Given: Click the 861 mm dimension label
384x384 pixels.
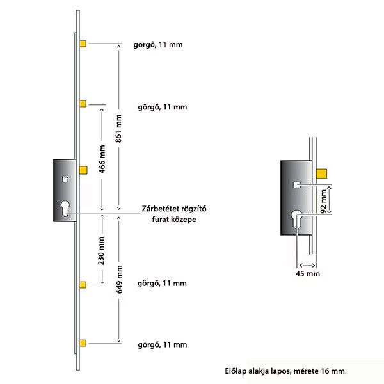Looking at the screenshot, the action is pyautogui.click(x=118, y=129).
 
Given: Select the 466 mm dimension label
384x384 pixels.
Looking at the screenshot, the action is pyautogui.click(x=102, y=159).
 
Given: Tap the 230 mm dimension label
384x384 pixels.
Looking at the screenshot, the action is pyautogui.click(x=101, y=251).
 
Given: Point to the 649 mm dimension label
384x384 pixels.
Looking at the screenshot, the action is pyautogui.click(x=119, y=280).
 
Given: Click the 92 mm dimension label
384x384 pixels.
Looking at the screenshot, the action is pyautogui.click(x=323, y=202).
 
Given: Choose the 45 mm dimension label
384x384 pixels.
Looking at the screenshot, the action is pyautogui.click(x=308, y=274).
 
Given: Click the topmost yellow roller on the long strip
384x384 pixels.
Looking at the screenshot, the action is pyautogui.click(x=83, y=44).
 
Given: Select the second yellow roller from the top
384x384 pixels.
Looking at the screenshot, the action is pyautogui.click(x=83, y=104).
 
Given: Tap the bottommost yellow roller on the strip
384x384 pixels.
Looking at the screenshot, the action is pyautogui.click(x=83, y=343).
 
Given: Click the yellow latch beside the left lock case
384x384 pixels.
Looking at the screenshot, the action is pyautogui.click(x=83, y=170).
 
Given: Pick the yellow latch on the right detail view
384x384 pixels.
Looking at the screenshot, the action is pyautogui.click(x=321, y=173).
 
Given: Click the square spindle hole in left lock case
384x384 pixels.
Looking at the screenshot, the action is pyautogui.click(x=65, y=180).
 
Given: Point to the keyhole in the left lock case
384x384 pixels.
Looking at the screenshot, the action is pyautogui.click(x=65, y=209).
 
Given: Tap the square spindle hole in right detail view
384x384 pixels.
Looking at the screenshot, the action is pyautogui.click(x=297, y=185).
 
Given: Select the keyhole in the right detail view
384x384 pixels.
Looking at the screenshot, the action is pyautogui.click(x=296, y=219).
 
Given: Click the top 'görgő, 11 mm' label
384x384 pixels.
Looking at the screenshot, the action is pyautogui.click(x=158, y=45).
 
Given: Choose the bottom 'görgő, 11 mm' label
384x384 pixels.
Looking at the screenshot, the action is pyautogui.click(x=163, y=345).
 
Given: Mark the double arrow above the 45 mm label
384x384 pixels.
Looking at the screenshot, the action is pyautogui.click(x=307, y=266).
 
